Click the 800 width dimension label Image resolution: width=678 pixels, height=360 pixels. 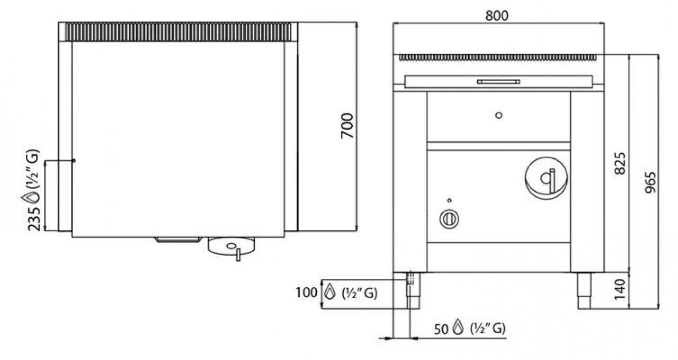(x=497, y=15)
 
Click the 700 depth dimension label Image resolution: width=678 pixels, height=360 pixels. (x=347, y=125)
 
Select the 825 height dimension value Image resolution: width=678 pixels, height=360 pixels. (x=620, y=164)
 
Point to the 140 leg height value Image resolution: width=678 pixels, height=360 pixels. (x=620, y=290)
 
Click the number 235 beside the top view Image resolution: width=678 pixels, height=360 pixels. (x=34, y=219)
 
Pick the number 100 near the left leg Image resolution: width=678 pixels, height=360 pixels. (x=306, y=293)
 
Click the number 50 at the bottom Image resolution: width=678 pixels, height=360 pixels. (x=441, y=329)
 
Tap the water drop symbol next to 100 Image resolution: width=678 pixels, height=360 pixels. (x=329, y=292)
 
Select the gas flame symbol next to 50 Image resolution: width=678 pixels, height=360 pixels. (x=458, y=327)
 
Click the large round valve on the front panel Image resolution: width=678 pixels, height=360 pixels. (x=546, y=178)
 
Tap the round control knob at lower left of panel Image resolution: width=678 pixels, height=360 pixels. (x=449, y=219)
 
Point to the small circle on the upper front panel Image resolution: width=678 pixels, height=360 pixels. (x=499, y=115)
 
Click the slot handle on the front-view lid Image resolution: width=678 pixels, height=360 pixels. (x=498, y=82)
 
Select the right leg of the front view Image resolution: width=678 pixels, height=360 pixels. (x=584, y=291)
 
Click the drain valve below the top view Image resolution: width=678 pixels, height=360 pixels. (x=231, y=247)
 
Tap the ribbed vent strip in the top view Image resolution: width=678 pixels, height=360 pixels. (x=178, y=32)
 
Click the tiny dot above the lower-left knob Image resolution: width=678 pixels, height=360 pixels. (x=450, y=200)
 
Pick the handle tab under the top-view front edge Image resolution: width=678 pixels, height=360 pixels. (x=178, y=240)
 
